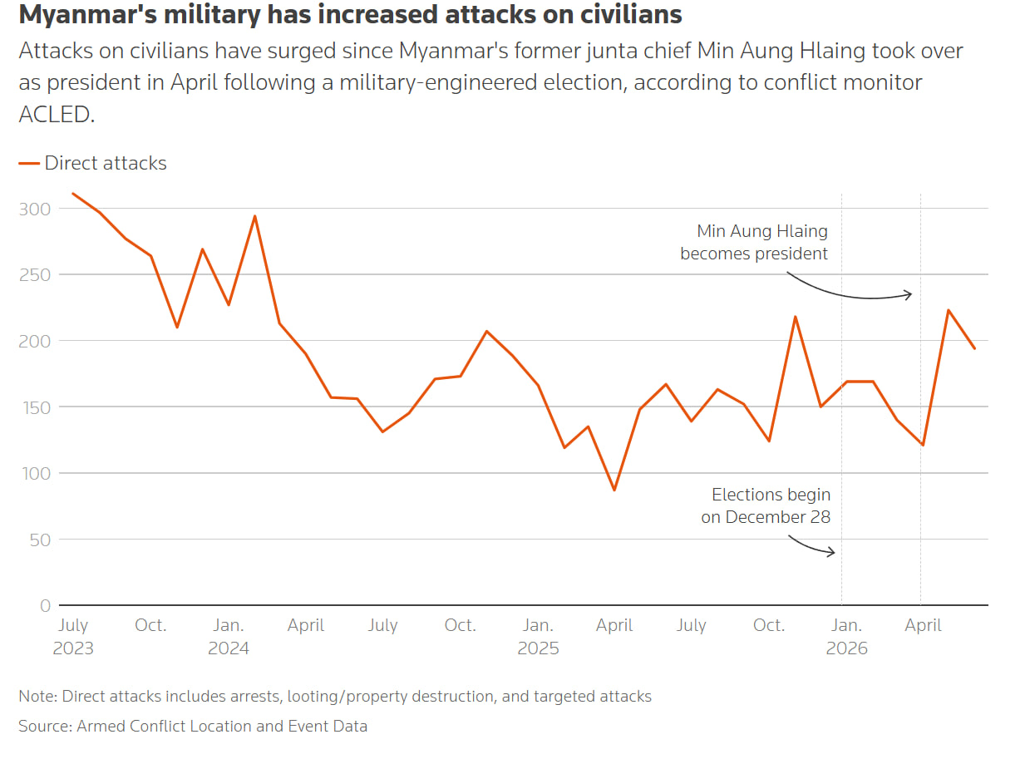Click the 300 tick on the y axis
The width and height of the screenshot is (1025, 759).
pos(35,209)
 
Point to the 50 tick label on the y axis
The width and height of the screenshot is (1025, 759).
pos(40,540)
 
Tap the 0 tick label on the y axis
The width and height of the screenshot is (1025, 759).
pos(45,605)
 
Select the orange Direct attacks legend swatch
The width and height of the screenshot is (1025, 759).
pos(29,163)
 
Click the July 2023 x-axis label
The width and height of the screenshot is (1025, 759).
pos(73,637)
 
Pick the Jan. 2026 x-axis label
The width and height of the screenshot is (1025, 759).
pos(846,637)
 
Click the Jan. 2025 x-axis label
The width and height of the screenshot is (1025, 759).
pos(538,637)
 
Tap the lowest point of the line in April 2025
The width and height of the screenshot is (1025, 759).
pos(614,490)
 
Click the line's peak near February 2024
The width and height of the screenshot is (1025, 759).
pos(254,216)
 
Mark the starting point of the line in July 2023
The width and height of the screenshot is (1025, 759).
pos(73,193)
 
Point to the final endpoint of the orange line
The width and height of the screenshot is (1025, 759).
pos(974,348)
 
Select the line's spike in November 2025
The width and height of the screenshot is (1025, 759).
pos(795,317)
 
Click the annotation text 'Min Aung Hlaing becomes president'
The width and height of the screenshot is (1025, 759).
pos(754,242)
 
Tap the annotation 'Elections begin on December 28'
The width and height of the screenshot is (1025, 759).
pos(766,505)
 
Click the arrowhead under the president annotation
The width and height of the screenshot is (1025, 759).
pos(909,294)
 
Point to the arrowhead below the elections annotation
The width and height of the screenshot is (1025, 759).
pos(831,551)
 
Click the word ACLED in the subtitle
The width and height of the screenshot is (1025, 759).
pos(57,114)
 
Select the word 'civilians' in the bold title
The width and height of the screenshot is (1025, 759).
pos(631,14)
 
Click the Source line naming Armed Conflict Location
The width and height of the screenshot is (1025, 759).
pos(193,727)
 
